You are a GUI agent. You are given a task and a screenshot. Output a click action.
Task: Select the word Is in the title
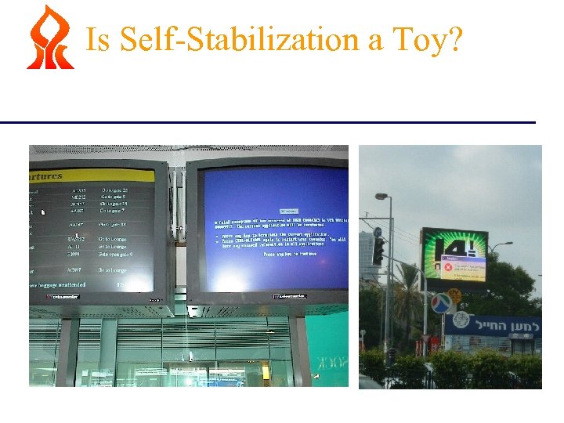[x=98, y=38]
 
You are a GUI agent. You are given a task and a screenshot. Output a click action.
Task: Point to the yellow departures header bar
[x=86, y=175]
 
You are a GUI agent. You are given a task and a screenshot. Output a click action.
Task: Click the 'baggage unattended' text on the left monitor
[x=63, y=284]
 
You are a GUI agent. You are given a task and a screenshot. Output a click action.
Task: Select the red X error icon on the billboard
[x=441, y=267]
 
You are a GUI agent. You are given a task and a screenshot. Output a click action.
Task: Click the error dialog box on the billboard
[x=457, y=269]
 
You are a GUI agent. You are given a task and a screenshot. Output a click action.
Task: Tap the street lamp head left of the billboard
[x=381, y=197]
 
